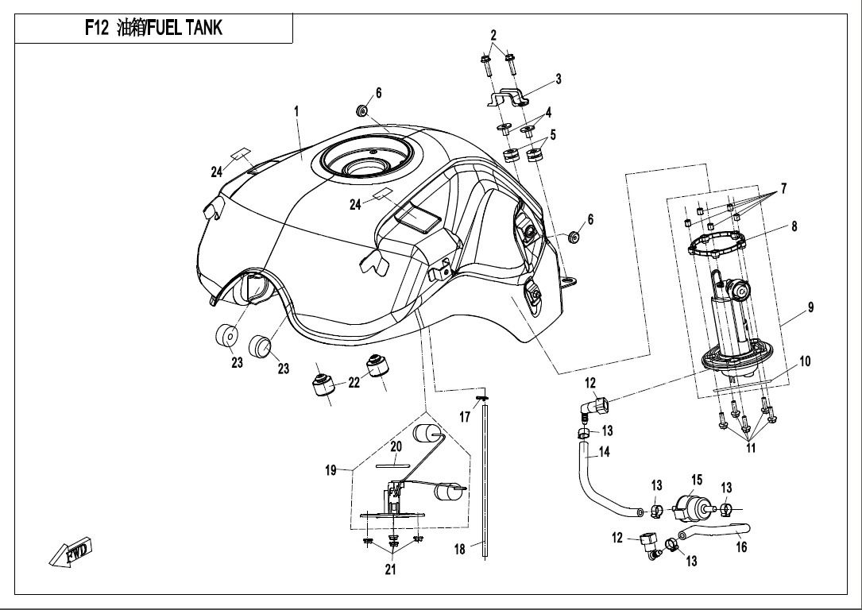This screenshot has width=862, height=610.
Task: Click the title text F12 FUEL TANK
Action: [154, 29]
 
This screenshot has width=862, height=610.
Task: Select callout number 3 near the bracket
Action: [559, 79]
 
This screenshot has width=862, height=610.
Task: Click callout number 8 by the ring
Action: [794, 226]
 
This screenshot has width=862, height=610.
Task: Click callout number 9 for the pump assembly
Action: [810, 308]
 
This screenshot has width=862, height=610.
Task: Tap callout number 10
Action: [805, 361]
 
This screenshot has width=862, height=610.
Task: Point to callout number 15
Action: [697, 480]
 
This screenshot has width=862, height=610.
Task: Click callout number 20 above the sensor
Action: [396, 446]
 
